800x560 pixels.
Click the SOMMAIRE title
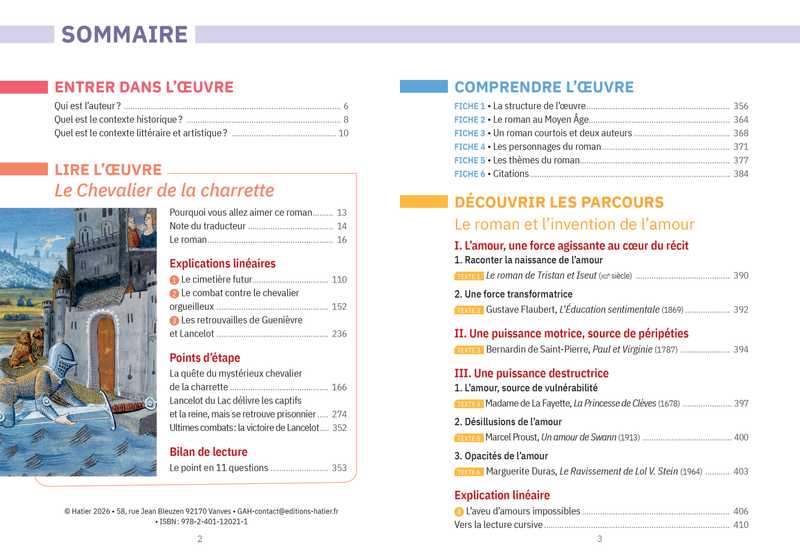[x=125, y=35]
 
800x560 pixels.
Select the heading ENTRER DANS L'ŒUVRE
[x=144, y=87]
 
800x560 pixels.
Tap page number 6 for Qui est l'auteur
[x=345, y=106]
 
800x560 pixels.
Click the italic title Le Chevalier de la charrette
[x=164, y=190]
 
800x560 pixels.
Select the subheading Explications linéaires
[x=222, y=264]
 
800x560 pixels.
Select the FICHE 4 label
[x=470, y=147]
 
